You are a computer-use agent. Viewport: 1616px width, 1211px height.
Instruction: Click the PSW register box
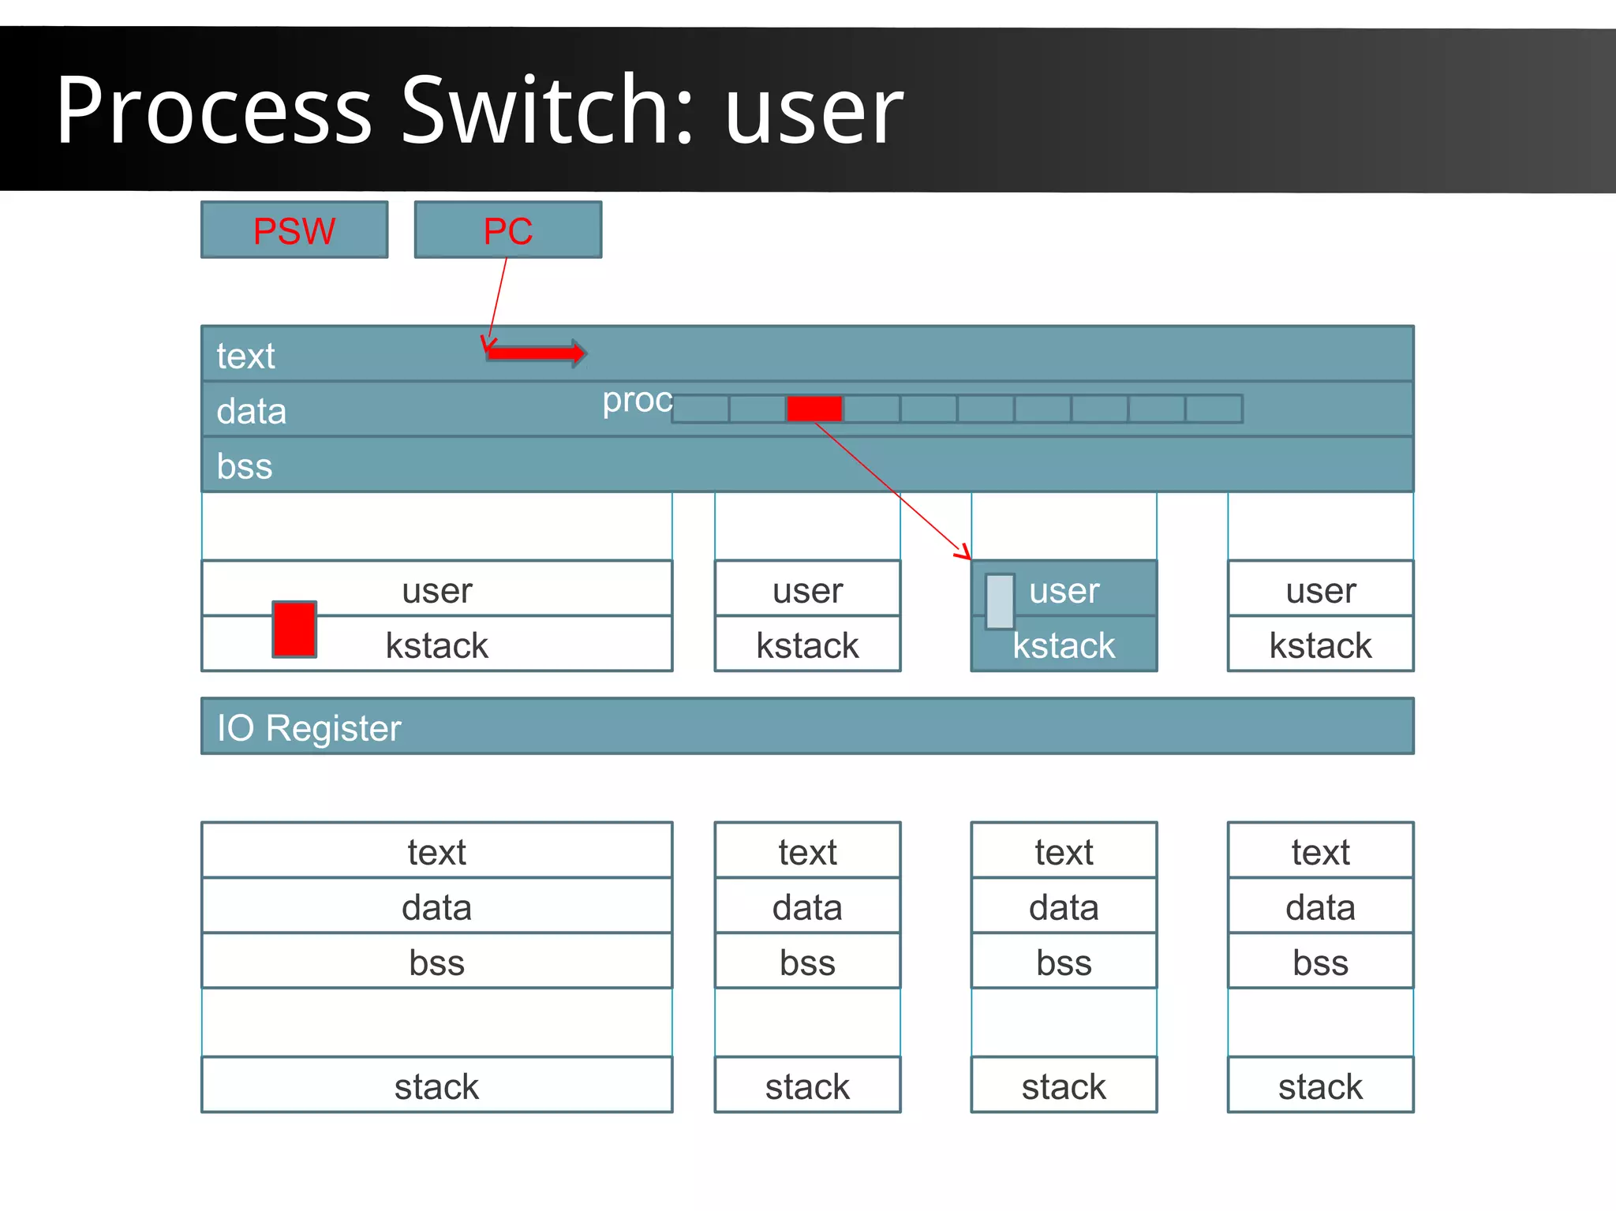(x=294, y=230)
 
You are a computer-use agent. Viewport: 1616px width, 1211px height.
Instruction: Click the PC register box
(x=508, y=230)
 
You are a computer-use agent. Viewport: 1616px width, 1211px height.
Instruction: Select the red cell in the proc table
(x=814, y=409)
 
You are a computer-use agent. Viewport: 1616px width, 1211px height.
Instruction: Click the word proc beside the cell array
(x=637, y=400)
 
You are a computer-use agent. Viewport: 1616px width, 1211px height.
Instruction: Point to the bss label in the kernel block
(x=245, y=466)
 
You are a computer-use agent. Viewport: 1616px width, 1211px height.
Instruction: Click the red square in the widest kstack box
(x=294, y=629)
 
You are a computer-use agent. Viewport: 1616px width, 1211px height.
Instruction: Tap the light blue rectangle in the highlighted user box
(x=1000, y=601)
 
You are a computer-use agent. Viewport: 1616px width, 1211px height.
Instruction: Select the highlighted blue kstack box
(x=1064, y=645)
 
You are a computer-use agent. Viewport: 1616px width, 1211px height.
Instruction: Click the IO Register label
(x=309, y=727)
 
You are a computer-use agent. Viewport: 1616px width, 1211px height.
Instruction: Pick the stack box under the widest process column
(x=436, y=1086)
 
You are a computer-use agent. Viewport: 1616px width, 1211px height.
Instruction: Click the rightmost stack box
(x=1320, y=1086)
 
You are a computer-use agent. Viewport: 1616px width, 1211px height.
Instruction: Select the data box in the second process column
(x=807, y=906)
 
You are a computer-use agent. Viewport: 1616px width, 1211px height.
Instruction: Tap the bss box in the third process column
(x=1064, y=962)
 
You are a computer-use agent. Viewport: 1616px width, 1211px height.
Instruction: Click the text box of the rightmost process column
(x=1320, y=851)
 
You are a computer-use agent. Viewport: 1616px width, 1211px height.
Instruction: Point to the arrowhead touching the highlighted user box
(x=963, y=552)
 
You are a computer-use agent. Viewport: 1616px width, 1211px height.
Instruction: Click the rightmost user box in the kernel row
(x=1320, y=589)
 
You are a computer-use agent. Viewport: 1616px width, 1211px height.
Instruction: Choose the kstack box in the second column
(x=807, y=645)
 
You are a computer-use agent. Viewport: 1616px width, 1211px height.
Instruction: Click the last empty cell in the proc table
(x=1214, y=409)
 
